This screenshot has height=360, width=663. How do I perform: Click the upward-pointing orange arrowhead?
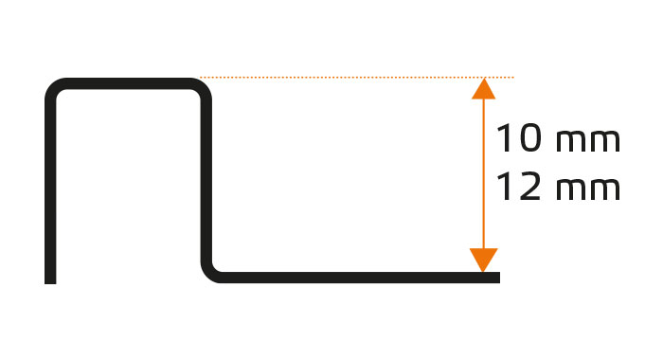(483, 89)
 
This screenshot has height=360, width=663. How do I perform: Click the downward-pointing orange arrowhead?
(483, 260)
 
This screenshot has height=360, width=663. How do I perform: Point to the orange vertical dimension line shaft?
(484, 174)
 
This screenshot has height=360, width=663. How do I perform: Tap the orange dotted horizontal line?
(356, 78)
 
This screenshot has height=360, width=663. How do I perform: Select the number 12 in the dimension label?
(519, 187)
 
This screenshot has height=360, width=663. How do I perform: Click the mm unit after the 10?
(588, 141)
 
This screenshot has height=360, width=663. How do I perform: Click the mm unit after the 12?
(588, 189)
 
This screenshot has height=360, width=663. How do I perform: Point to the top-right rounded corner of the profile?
(204, 86)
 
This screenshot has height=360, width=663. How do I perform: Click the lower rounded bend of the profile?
(208, 275)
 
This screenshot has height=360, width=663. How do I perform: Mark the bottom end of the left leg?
(50, 284)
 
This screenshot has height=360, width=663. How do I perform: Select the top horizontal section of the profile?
(128, 83)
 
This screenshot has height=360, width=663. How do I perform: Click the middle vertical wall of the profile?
(206, 181)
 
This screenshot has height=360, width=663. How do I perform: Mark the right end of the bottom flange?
(500, 278)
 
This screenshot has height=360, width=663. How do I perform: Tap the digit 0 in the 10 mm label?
(529, 138)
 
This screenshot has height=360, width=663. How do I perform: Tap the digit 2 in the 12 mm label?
(529, 187)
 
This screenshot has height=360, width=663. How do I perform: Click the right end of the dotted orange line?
(513, 78)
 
